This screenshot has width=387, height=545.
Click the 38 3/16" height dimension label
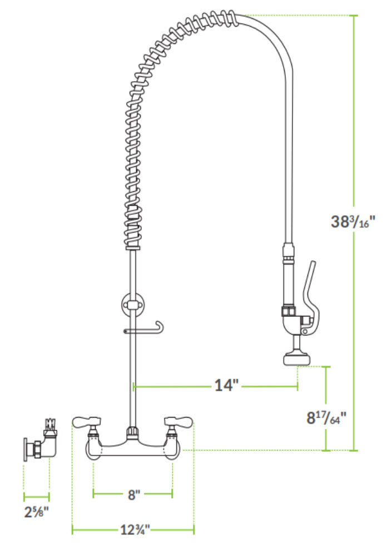pos(353,221)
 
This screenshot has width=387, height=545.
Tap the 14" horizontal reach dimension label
pos(227,385)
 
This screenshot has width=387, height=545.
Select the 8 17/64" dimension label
pos(326,417)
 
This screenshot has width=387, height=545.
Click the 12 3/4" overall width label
pos(135,529)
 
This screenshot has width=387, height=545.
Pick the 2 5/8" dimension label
pos(37,512)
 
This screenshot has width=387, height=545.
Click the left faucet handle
pos(87,422)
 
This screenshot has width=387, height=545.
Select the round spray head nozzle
pos(296,359)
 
